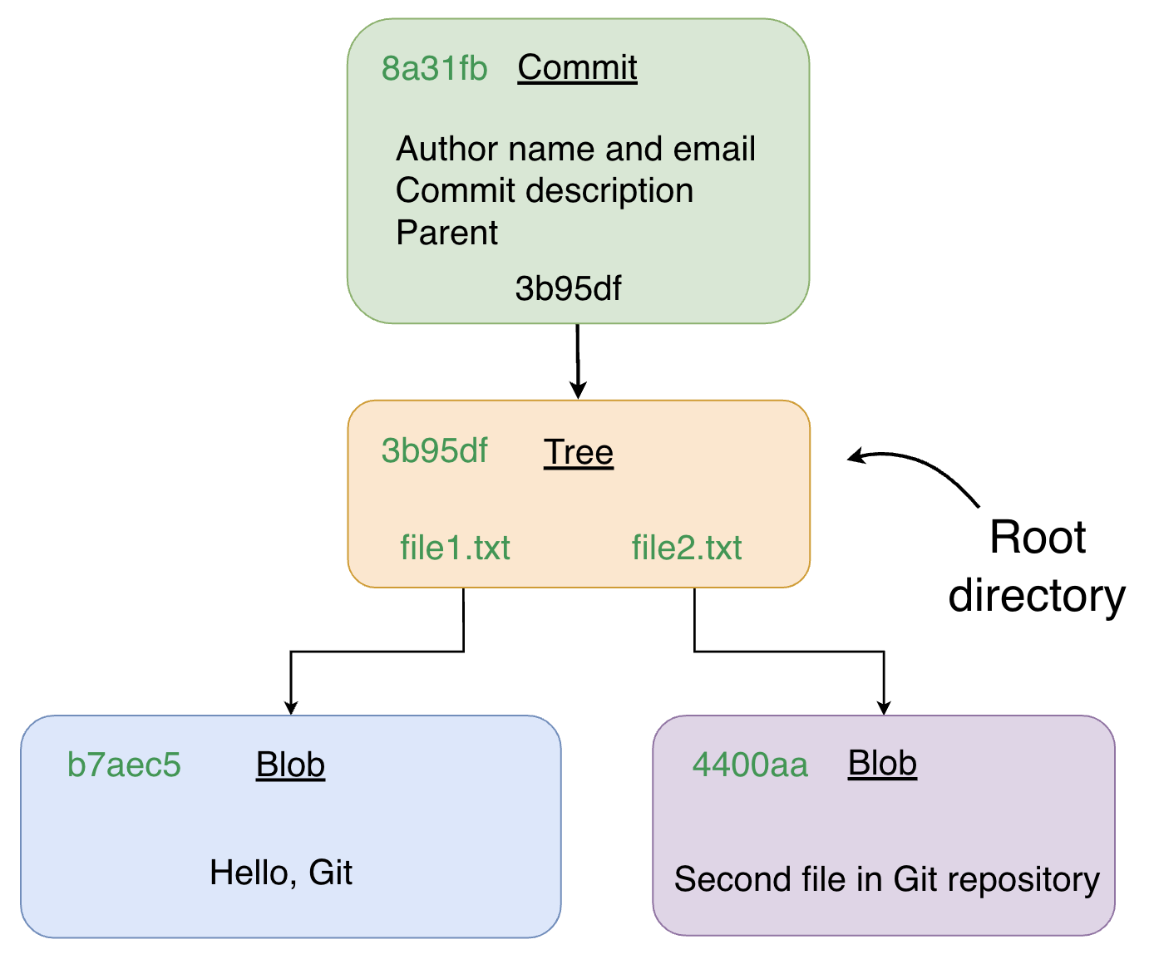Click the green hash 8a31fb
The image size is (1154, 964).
point(434,69)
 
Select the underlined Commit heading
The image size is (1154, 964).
point(577,67)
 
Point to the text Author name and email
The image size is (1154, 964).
point(575,150)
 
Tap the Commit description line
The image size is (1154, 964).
point(545,191)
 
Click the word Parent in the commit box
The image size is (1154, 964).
point(446,234)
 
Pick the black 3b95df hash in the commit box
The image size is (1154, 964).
point(568,289)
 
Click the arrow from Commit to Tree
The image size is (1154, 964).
point(578,361)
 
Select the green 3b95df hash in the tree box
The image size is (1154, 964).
point(434,451)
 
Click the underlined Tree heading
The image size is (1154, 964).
point(579,453)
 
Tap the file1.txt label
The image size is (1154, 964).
point(455,548)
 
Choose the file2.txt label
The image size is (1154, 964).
point(687,548)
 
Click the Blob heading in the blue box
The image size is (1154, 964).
point(290,765)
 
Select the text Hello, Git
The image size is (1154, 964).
point(281,873)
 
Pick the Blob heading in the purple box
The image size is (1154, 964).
point(882,764)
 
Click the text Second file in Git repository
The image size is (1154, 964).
point(886,880)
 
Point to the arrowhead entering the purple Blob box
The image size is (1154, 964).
point(884,707)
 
